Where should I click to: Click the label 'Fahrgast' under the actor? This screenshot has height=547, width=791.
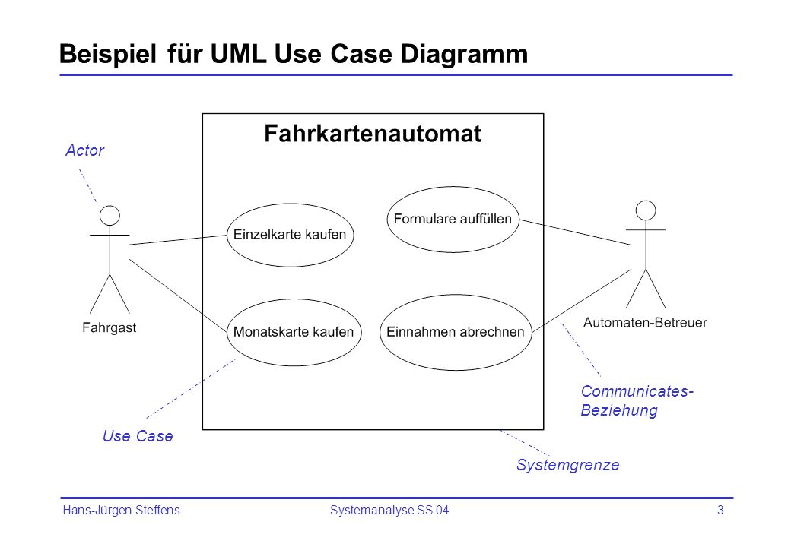click(109, 328)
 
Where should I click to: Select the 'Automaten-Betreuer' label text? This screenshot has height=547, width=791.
click(645, 322)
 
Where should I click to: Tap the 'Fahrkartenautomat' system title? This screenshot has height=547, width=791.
click(373, 134)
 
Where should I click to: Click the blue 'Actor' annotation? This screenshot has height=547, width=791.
click(84, 150)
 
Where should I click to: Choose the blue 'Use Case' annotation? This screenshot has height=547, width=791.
click(138, 436)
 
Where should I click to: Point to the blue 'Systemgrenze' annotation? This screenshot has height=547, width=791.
click(567, 465)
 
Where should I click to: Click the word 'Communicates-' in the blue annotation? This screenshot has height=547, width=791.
click(637, 391)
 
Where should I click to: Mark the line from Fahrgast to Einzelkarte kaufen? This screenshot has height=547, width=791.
click(178, 240)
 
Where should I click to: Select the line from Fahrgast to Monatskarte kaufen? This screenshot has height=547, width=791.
click(179, 296)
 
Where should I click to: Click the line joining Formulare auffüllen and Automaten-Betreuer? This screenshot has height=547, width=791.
click(575, 232)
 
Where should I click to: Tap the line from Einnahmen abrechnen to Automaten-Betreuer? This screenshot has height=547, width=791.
click(582, 301)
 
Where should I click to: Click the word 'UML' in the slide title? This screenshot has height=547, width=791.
click(238, 54)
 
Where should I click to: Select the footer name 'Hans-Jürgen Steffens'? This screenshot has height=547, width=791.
click(121, 511)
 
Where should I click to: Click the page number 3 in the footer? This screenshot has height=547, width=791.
click(720, 511)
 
